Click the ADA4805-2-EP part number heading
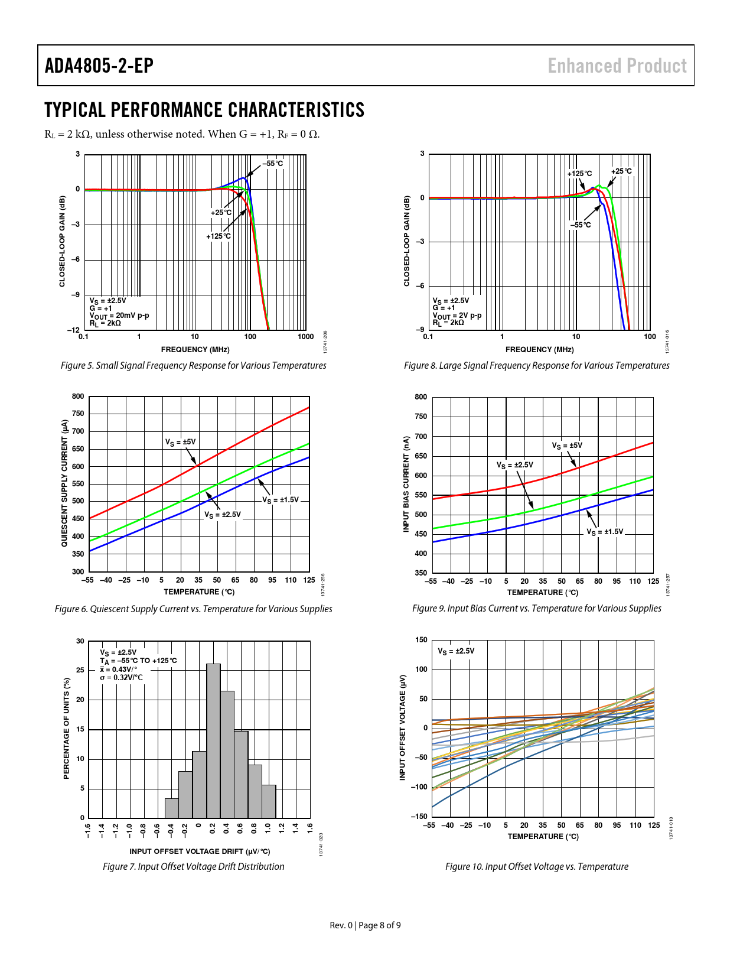coord(99,66)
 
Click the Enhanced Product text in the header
coord(617,66)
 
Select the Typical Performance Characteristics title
coord(204,110)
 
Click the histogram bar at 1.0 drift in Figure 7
coord(269,801)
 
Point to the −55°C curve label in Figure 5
coord(272,163)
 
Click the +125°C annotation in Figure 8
coord(579,173)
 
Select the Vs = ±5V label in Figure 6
coord(180,442)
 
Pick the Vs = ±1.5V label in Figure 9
coord(605,532)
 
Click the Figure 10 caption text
coord(536,866)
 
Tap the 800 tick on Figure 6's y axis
coord(78,396)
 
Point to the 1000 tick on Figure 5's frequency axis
coord(305,337)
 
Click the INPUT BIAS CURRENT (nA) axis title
coord(406,484)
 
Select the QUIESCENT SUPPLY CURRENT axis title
coord(64,483)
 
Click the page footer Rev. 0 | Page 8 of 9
coord(365,925)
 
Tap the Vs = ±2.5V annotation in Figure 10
coord(456,651)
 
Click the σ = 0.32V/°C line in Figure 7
coord(121,677)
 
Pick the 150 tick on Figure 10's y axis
coord(421,640)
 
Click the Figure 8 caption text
coord(536,365)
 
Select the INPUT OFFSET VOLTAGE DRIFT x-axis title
coord(200,851)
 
